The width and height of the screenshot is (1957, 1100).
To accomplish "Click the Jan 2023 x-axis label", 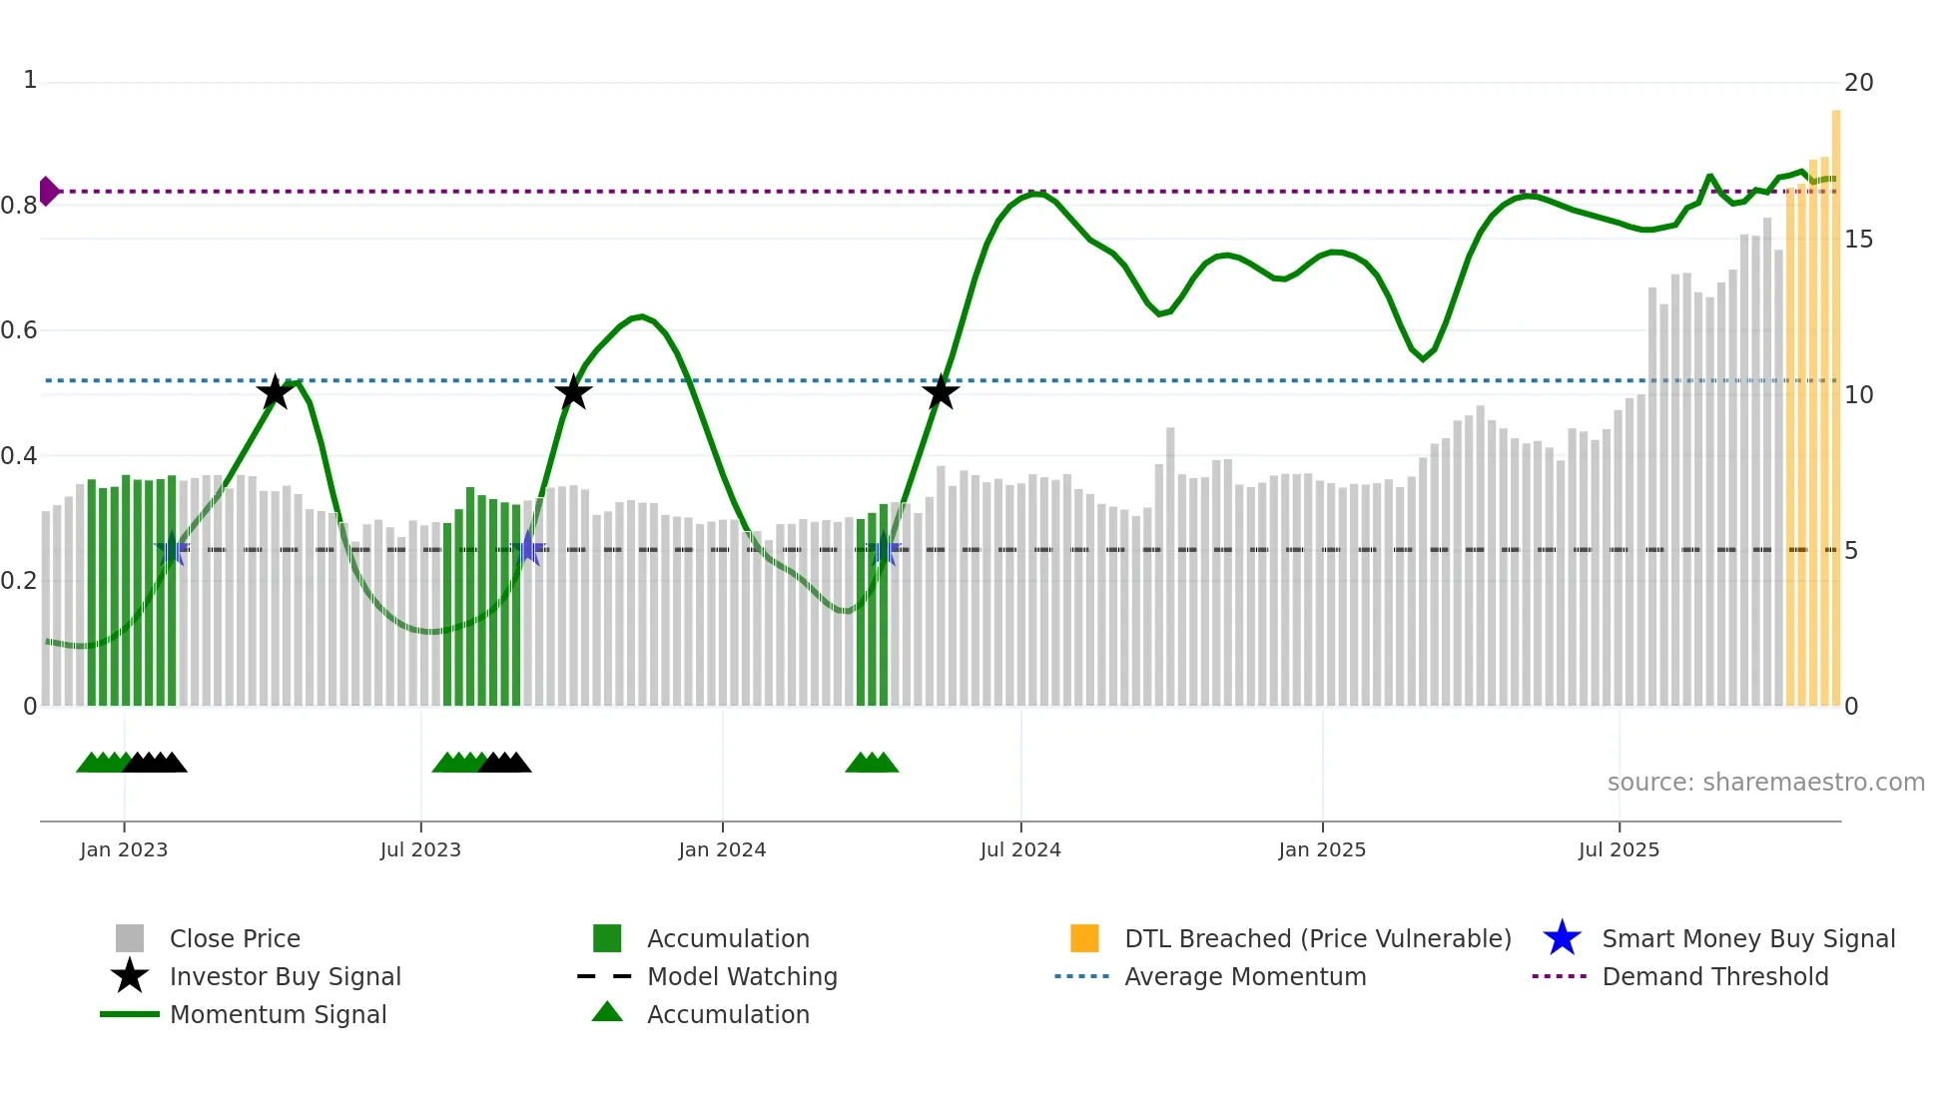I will tap(124, 849).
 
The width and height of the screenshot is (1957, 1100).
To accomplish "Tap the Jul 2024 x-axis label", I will tap(1020, 849).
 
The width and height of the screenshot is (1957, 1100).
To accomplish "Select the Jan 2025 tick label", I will tap(1322, 849).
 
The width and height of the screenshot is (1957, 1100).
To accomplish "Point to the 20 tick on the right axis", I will tap(1858, 83).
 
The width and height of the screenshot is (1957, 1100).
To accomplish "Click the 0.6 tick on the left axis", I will tap(20, 330).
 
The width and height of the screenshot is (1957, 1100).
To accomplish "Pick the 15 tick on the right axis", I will tap(1858, 240).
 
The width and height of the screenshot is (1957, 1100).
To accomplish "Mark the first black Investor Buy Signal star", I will tap(275, 392).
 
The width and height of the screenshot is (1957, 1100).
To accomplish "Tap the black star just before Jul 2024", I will tap(941, 392).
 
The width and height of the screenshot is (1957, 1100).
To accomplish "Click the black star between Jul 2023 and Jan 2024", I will tap(573, 392).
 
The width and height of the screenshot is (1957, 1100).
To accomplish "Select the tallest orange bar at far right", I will tap(1836, 399).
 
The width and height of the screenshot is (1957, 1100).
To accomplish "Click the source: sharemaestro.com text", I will tap(1765, 783).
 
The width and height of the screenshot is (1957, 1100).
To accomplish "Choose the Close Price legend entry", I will tap(235, 938).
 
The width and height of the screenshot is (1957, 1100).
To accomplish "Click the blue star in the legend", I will tap(1562, 938).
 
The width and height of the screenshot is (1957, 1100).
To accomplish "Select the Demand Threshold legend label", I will tap(1714, 976).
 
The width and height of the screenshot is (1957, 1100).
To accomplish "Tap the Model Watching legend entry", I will tap(742, 976).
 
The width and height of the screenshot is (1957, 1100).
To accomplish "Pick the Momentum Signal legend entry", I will tap(278, 1014).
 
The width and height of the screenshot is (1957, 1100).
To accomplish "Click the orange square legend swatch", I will tap(1084, 938).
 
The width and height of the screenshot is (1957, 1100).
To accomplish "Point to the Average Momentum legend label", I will tap(1245, 976).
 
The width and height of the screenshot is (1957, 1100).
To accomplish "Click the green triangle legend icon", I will tap(607, 1013).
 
